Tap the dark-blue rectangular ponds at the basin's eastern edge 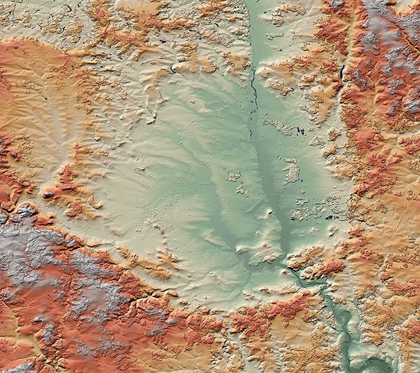[x=331, y=217]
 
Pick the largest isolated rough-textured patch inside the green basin [x=291, y=171]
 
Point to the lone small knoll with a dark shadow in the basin [x=269, y=214]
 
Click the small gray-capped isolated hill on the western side [x=49, y=195]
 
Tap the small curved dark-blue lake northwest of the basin [x=172, y=68]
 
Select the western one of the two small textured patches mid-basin [x=233, y=177]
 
